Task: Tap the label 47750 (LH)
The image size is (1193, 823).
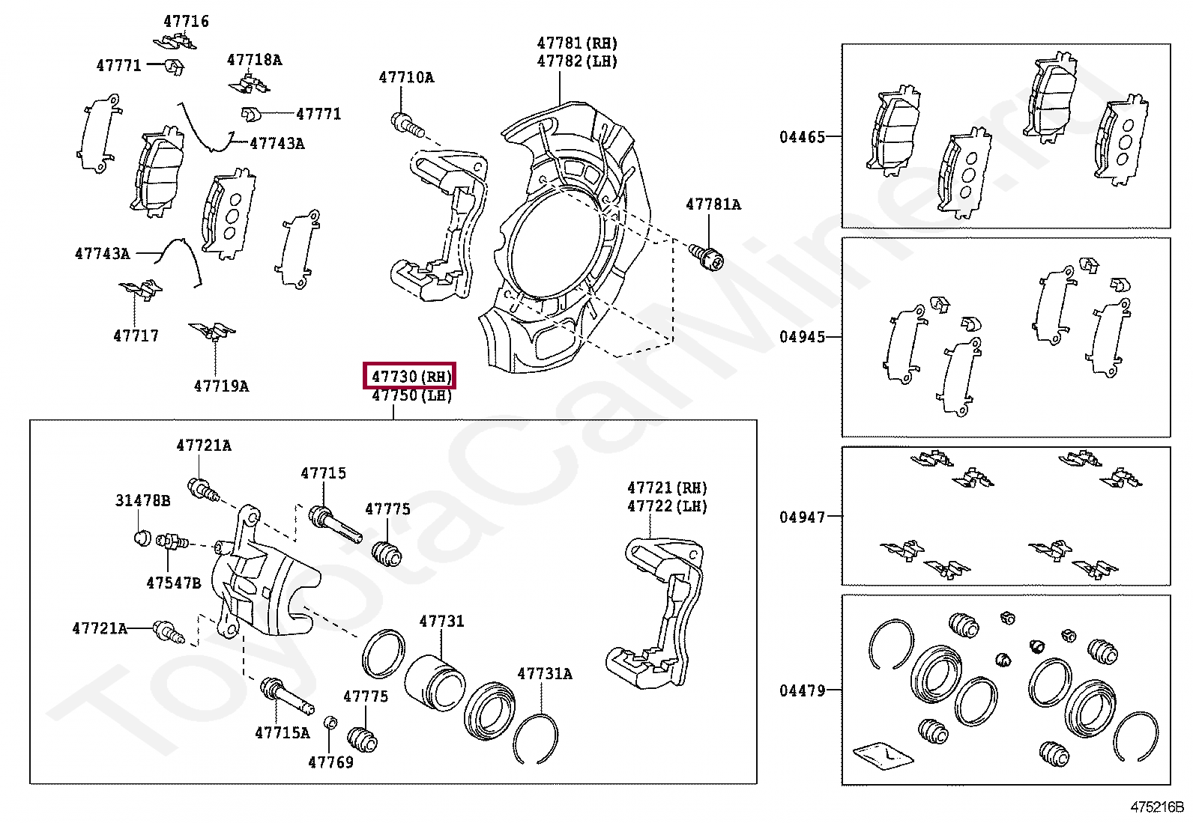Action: point(411,395)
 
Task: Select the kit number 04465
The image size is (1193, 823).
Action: point(802,137)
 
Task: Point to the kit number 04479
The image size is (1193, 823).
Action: point(802,690)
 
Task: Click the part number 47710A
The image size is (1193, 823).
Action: point(406,77)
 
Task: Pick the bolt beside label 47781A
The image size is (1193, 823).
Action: point(707,257)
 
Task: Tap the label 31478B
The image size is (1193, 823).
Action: point(142,500)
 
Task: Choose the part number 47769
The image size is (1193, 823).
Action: point(330,762)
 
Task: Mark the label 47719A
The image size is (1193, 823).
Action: point(221,386)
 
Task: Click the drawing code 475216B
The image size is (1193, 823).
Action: point(1156,807)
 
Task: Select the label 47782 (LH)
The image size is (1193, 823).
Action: point(577,61)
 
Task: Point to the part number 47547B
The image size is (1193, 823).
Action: point(174,583)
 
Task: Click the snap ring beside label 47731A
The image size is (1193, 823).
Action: point(537,738)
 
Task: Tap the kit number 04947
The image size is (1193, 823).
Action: point(802,517)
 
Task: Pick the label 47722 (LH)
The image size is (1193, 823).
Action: point(667,506)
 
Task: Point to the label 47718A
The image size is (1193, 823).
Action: point(255,60)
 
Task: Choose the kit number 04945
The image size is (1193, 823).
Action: point(802,337)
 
